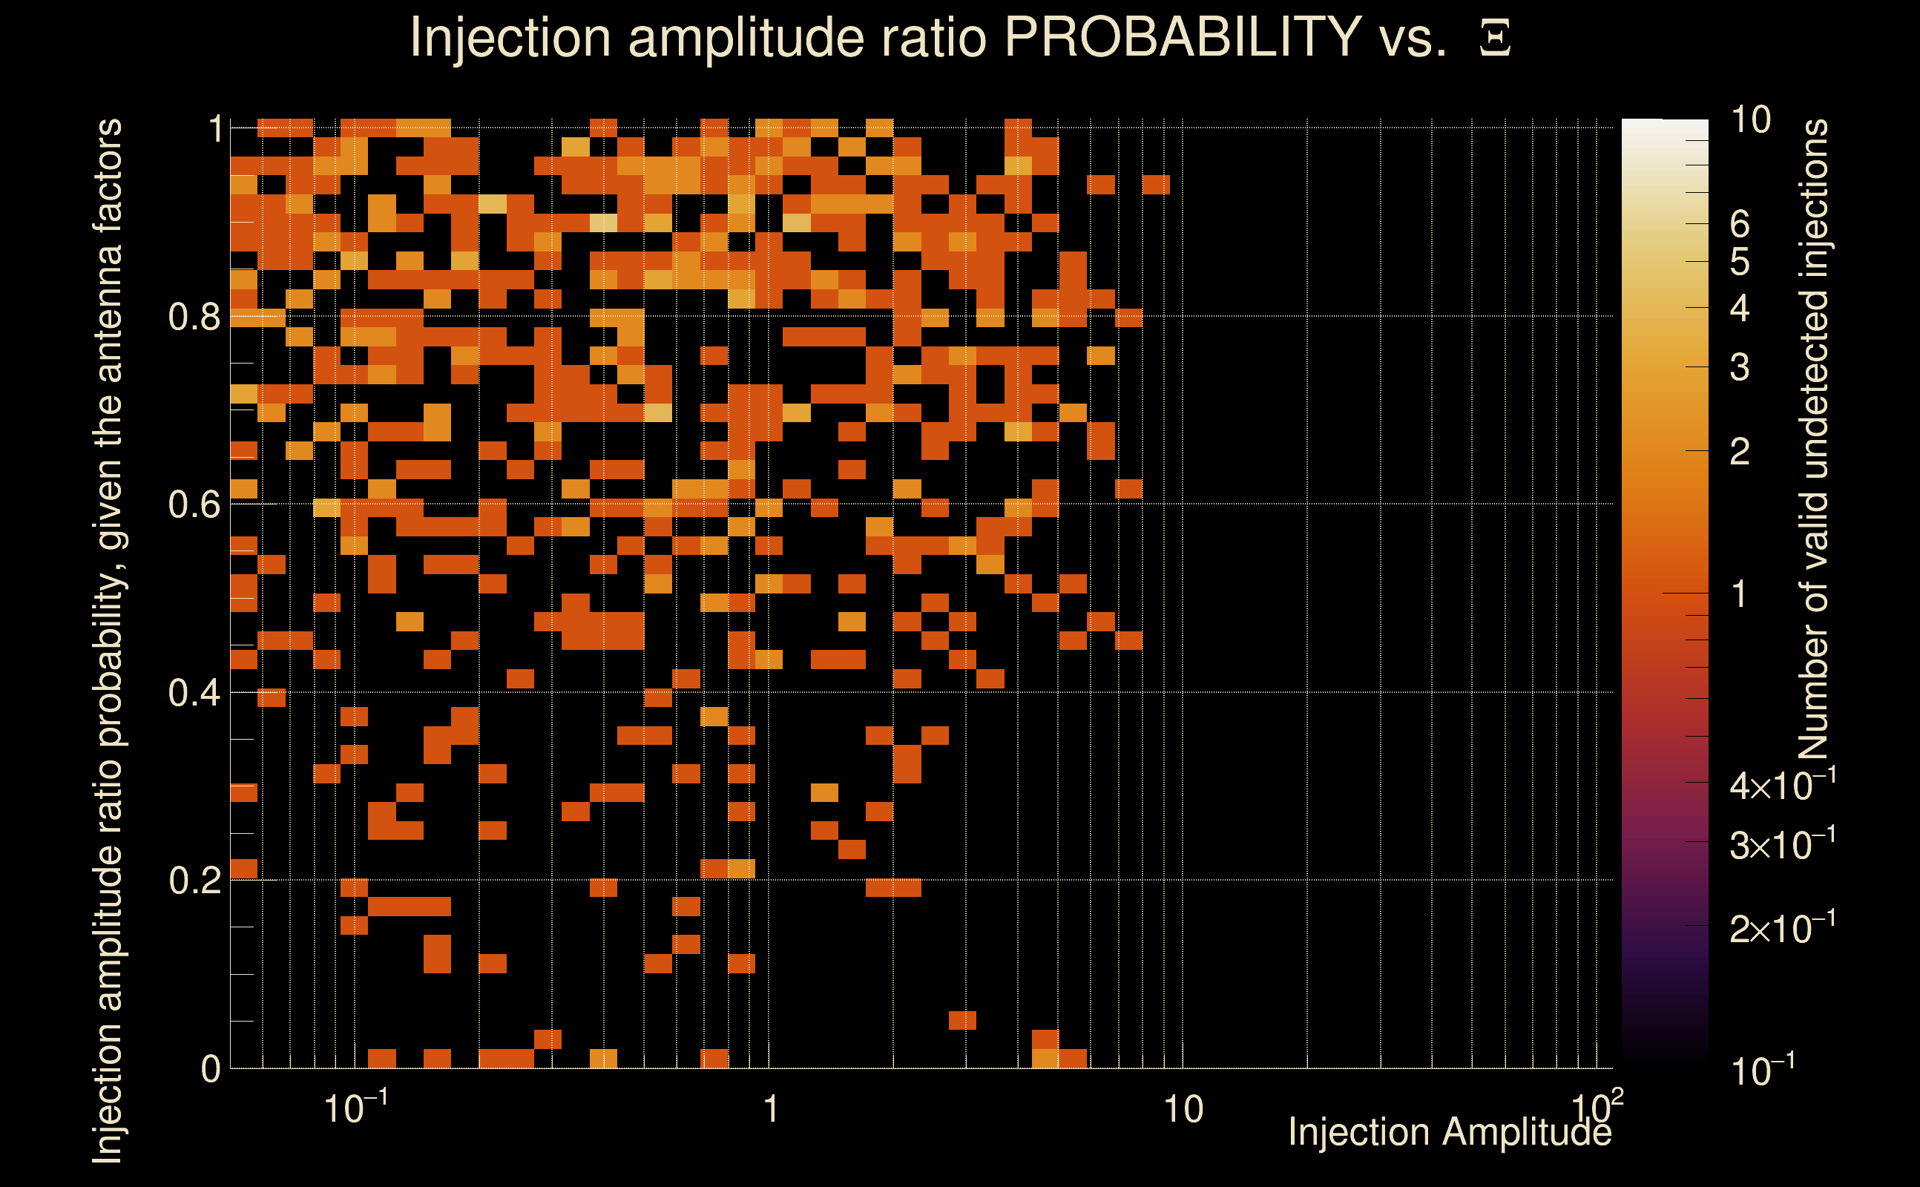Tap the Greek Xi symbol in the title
[1495, 39]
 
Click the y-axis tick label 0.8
[194, 318]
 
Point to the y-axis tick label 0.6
[194, 504]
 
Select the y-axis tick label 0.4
[194, 693]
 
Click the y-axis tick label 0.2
[194, 881]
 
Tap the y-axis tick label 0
[211, 1069]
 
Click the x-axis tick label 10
[1182, 1110]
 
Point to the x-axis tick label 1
[771, 1110]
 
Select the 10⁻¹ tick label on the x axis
[355, 1108]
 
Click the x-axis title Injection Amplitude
[1449, 1132]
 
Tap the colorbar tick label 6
[1740, 226]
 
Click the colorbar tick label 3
[1740, 367]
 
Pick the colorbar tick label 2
[1740, 453]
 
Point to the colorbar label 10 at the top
[1749, 120]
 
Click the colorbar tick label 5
[1740, 262]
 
